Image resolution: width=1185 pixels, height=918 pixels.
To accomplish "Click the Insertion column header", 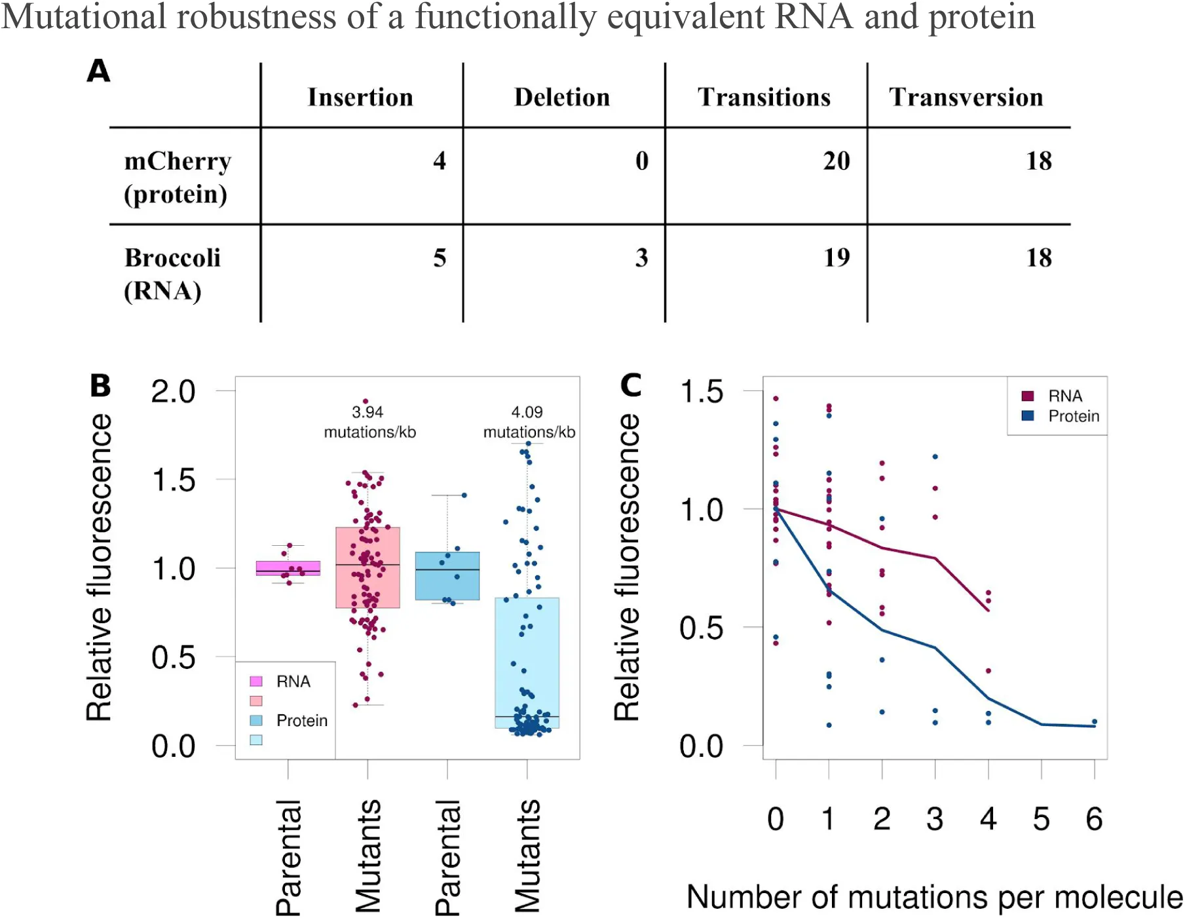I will (360, 97).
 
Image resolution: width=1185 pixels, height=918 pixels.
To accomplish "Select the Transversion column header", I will (966, 97).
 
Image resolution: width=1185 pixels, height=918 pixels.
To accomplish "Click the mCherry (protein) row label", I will (177, 177).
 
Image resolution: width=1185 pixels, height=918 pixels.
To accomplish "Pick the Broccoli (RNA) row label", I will (172, 274).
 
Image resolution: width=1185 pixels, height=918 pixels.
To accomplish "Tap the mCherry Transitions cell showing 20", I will (837, 161).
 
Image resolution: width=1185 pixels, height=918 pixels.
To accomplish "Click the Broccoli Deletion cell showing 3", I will (641, 258).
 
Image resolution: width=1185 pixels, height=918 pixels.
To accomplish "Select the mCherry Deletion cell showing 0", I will (641, 161).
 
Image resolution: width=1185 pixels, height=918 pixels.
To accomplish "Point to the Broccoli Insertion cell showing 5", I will (440, 258).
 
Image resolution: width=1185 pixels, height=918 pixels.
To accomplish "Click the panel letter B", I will (100, 385).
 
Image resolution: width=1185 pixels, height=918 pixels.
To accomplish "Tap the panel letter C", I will (631, 385).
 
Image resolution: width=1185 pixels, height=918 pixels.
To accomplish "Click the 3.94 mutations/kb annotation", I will (369, 422).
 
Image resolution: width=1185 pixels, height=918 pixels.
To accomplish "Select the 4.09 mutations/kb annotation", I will (529, 422).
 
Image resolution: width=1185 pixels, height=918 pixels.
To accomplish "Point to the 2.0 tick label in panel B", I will (173, 392).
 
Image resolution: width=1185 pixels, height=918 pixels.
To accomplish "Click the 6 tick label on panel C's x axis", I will (1094, 819).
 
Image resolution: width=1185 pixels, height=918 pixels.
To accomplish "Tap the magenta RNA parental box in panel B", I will (288, 568).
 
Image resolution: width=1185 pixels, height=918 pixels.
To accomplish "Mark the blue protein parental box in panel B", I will (447, 576).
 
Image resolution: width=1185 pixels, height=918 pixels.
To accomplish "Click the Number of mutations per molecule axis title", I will (934, 897).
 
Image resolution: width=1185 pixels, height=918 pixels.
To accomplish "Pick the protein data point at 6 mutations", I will (1095, 722).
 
